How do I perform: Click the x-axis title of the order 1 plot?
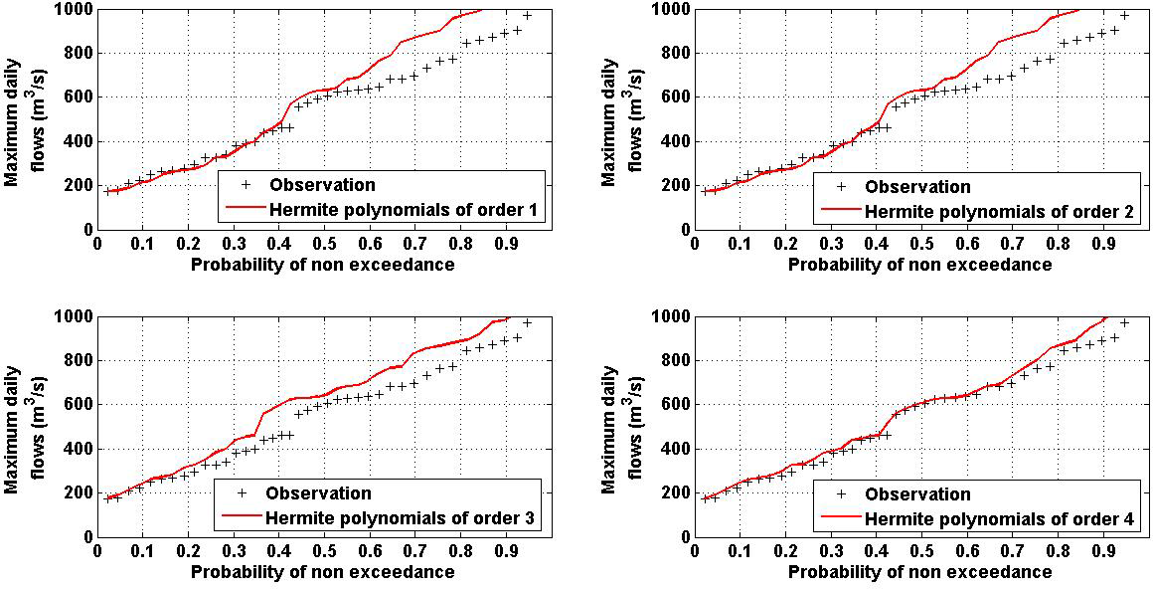coord(323,264)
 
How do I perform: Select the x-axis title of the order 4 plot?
coord(919,571)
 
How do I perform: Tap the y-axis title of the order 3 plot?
coord(22,426)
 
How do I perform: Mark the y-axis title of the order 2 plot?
coord(618,119)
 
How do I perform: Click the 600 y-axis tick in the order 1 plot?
coord(77,98)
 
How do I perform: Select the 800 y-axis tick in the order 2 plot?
coord(673,54)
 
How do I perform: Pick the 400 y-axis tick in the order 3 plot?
coord(77,449)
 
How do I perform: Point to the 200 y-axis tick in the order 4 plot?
coord(673,492)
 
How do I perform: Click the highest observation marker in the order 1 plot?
coord(528,16)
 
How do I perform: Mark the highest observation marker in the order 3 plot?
coord(528,323)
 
